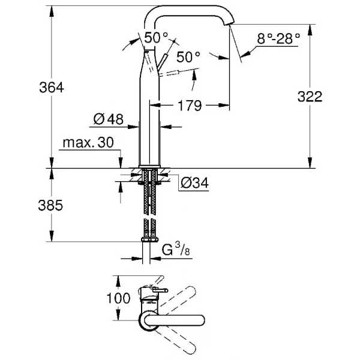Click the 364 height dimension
pos(52,88)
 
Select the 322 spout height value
pos(310,97)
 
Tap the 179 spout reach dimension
pos(190,106)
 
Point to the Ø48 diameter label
pos(109,119)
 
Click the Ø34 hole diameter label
pos(194,183)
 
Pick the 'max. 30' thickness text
pos(88,143)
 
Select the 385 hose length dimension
pos(50,205)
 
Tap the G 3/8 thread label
pos(176,250)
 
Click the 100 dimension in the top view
pos(118,298)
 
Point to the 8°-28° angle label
pos(278,38)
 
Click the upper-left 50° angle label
pos(156,38)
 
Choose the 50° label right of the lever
pos(188,57)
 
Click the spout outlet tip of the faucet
pos(228,24)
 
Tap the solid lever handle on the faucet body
pos(163,62)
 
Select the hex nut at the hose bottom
pos(149,239)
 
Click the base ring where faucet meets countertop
pos(149,166)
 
